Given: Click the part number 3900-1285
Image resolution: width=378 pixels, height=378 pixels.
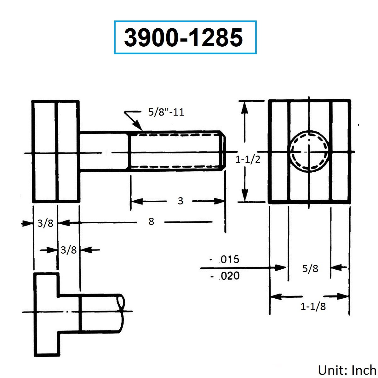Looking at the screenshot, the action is (x=183, y=37).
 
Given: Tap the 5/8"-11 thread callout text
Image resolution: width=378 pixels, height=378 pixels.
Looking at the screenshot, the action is (x=166, y=112).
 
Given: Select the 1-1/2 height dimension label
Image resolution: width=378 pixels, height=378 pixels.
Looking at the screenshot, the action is (x=248, y=159).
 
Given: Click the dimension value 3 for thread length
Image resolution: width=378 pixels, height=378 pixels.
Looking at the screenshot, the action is (x=180, y=201).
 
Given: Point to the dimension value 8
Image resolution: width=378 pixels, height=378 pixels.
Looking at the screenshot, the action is (x=151, y=221).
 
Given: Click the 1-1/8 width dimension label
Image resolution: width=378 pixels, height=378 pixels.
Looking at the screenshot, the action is (x=313, y=306).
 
